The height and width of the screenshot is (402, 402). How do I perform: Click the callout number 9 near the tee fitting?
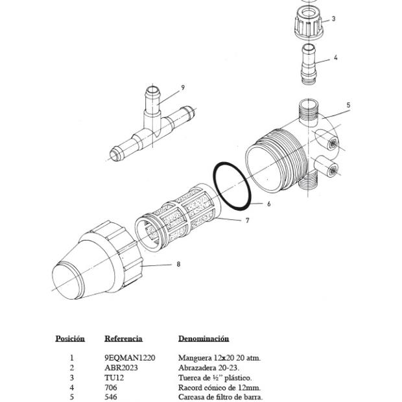[183, 88]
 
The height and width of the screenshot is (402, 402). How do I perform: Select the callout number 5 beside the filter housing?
[348, 105]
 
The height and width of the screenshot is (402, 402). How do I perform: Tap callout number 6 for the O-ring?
[268, 204]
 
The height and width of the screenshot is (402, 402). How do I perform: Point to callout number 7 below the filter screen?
[247, 220]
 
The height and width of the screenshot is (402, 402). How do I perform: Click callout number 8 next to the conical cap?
[178, 264]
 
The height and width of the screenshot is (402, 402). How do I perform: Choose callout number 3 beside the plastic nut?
[333, 19]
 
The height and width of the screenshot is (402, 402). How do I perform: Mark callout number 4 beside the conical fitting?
[335, 58]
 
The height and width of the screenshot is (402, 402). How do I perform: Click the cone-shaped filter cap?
[97, 263]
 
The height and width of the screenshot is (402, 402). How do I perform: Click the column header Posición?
[70, 338]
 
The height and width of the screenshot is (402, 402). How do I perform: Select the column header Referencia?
[123, 338]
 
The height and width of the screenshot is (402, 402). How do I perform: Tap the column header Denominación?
[204, 338]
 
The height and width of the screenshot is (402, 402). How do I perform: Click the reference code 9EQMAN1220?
[130, 357]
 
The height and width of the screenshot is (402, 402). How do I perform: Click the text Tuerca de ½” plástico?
[215, 377]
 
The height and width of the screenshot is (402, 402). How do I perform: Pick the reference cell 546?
[111, 397]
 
